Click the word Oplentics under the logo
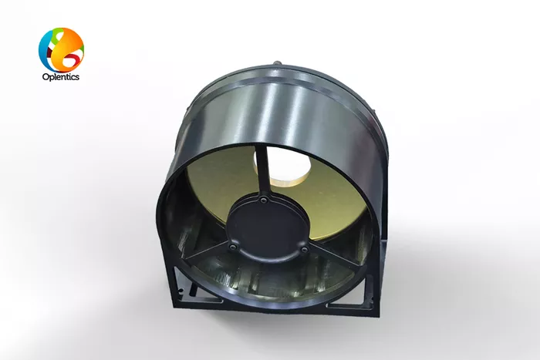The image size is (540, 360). click(61, 77)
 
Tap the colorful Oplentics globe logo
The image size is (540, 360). click(61, 50)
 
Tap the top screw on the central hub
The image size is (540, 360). click(264, 200)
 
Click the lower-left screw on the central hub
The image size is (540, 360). click(234, 247)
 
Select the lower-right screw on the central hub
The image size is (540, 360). click(304, 249)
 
